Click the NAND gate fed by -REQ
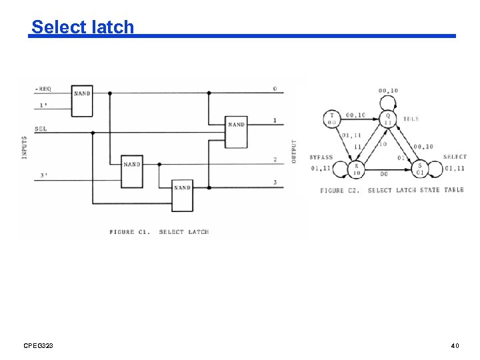coord(83,100)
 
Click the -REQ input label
coord(43,89)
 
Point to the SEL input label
coord(41,129)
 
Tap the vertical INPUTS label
coord(25,146)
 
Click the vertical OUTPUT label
coord(293,153)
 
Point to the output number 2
coord(274,160)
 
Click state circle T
coord(331,119)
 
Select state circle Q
coord(387,119)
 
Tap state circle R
coord(357,169)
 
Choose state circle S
coord(420,169)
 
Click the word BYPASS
coord(321,157)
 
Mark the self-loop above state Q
coord(387,101)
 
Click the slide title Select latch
coord(83,27)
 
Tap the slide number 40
coord(455,345)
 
